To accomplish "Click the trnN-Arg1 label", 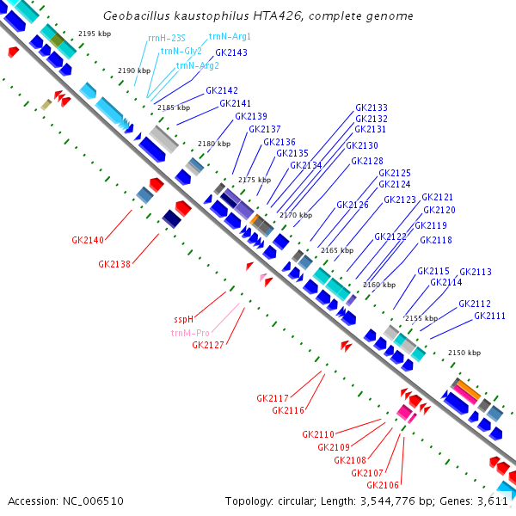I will tap(230, 37).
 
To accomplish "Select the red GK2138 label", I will tap(114, 264).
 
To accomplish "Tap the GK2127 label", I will tap(208, 345).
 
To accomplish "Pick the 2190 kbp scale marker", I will tap(132, 71).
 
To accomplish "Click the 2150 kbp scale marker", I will tap(464, 353).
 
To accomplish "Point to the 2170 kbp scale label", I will tap(295, 215).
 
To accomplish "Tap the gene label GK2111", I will tap(489, 316).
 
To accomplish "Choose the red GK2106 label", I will tap(382, 486).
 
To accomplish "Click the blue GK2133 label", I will tap(371, 107).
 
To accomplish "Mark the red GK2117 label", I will tap(272, 398).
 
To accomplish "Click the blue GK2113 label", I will tap(475, 272).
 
